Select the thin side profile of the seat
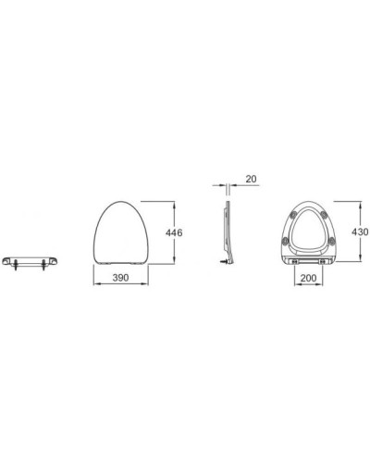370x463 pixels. point(228,231)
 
